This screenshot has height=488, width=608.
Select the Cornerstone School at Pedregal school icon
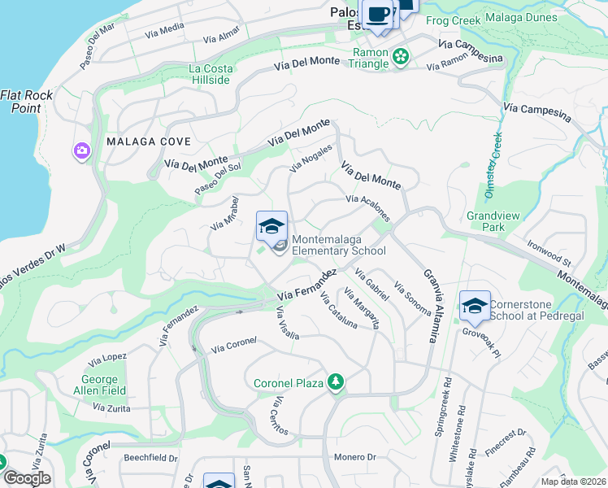click(475, 306)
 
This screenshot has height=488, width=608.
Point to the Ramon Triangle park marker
click(400, 56)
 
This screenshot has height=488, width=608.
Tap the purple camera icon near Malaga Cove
click(81, 150)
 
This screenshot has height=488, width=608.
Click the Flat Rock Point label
click(27, 101)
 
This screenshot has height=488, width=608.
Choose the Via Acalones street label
click(368, 206)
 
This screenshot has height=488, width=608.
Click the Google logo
click(27, 477)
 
